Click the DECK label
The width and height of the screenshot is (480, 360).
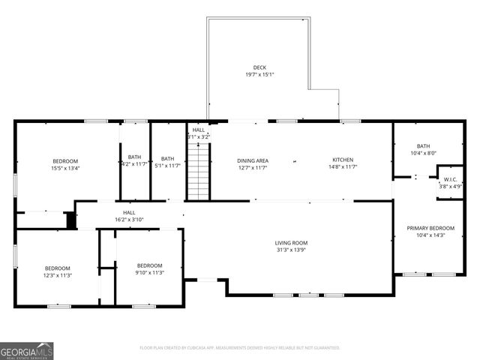point(259,67)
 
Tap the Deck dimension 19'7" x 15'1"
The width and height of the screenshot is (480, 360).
point(259,74)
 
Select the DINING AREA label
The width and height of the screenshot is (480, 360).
point(253,160)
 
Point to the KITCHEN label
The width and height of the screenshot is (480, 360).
point(343,160)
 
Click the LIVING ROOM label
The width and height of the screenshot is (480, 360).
point(290,243)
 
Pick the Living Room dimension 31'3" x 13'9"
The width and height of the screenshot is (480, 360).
point(290,250)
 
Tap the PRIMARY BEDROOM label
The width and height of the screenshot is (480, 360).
point(430,228)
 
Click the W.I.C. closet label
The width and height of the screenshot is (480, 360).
point(450,179)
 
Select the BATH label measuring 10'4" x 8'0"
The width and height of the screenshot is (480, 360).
point(424,146)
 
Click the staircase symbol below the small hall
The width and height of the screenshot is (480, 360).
point(196,172)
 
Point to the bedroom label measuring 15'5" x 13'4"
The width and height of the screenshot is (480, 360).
point(65,161)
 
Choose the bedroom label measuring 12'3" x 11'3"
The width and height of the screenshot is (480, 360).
point(57,268)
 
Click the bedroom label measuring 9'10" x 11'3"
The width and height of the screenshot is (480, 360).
point(149,265)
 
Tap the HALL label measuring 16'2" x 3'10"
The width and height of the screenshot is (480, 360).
point(129,213)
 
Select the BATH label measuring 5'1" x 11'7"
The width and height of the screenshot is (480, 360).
point(167,158)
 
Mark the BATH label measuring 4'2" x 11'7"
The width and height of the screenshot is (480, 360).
point(134,157)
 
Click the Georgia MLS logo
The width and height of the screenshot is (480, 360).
point(27,350)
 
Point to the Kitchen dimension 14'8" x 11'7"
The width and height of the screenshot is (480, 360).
point(343,167)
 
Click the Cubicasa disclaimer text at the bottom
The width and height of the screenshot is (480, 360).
point(240,348)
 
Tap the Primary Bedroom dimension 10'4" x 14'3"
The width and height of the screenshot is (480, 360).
point(430,235)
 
